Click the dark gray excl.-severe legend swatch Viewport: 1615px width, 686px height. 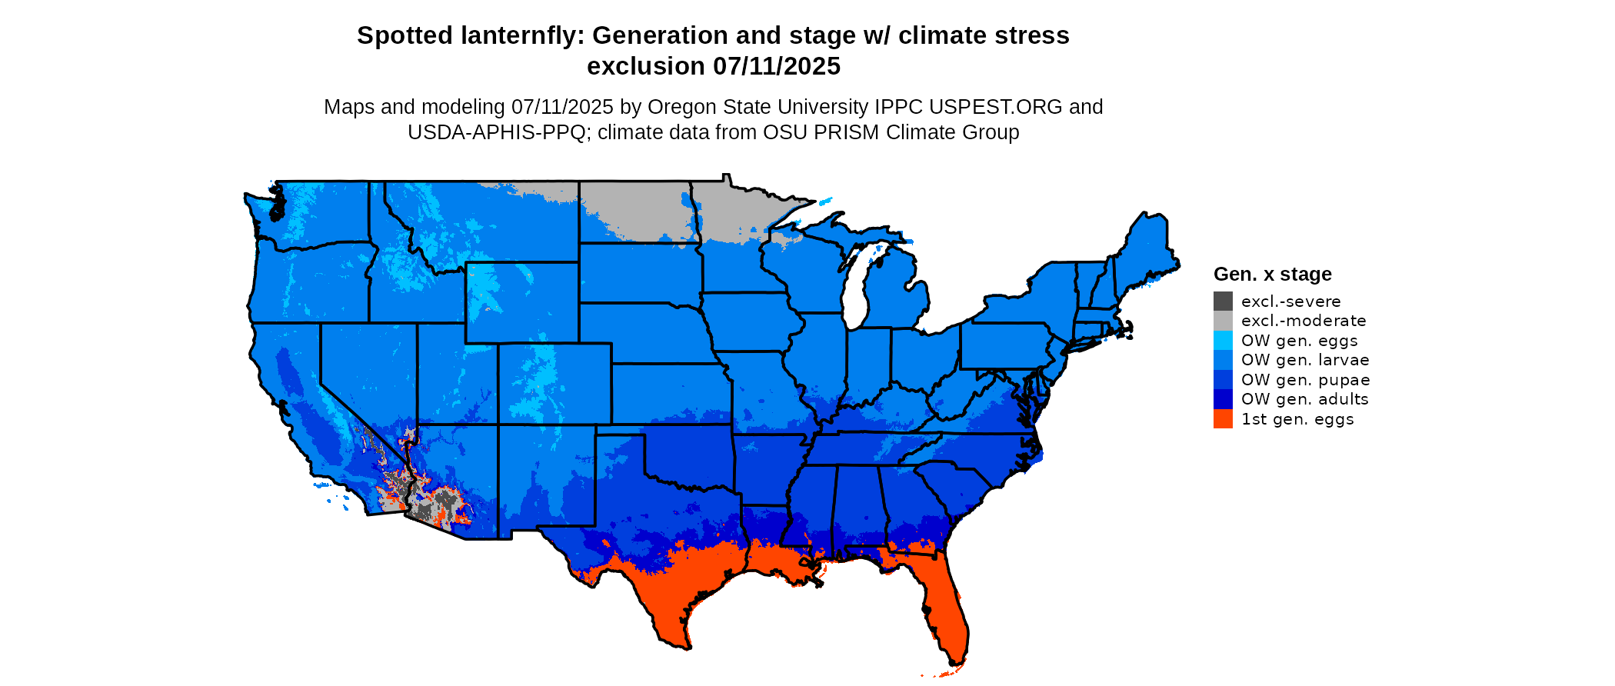1223,301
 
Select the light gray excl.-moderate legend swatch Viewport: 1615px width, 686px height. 1223,321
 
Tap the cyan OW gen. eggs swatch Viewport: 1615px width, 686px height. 1223,341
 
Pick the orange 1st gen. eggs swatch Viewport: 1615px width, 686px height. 1223,419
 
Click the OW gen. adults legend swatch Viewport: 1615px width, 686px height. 1223,399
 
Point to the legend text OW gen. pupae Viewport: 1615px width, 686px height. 1305,380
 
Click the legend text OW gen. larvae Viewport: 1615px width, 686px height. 1305,360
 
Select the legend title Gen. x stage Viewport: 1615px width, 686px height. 1272,275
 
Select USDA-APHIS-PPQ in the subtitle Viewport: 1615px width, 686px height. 497,132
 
